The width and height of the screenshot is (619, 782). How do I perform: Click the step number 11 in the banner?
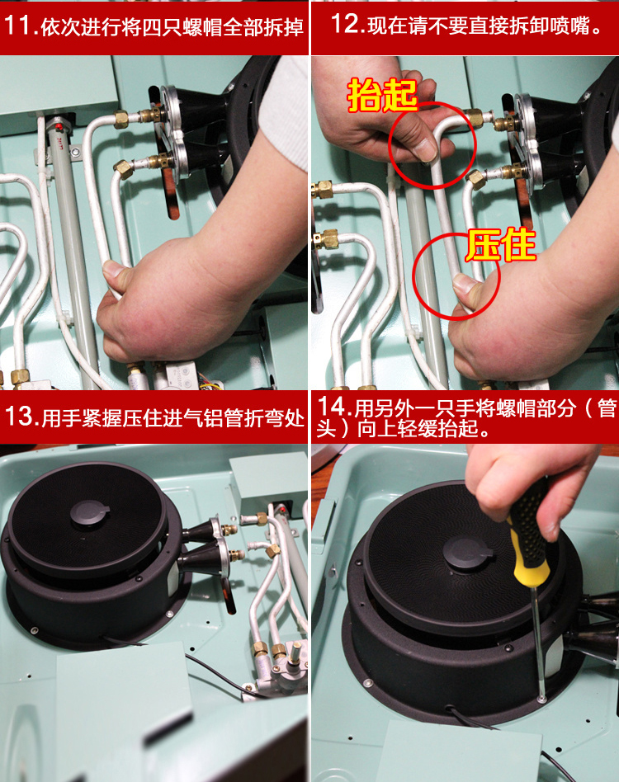point(19,26)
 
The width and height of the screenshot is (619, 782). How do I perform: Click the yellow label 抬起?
point(382,95)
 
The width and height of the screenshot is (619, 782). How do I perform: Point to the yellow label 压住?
point(501,245)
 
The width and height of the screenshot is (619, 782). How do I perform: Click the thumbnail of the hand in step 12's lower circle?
point(467,285)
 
